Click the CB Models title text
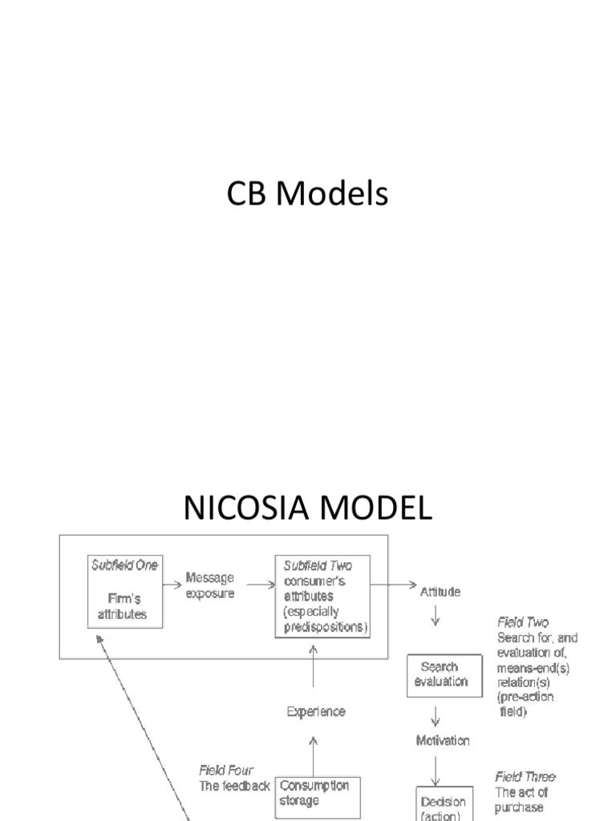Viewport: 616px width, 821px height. point(308,195)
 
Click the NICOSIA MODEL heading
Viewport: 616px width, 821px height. point(308,508)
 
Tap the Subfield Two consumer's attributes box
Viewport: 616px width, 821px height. point(322,597)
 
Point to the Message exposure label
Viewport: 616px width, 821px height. point(210,584)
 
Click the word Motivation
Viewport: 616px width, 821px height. point(443,740)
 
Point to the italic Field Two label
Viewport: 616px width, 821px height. point(523,622)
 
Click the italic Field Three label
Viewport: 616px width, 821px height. point(525,777)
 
